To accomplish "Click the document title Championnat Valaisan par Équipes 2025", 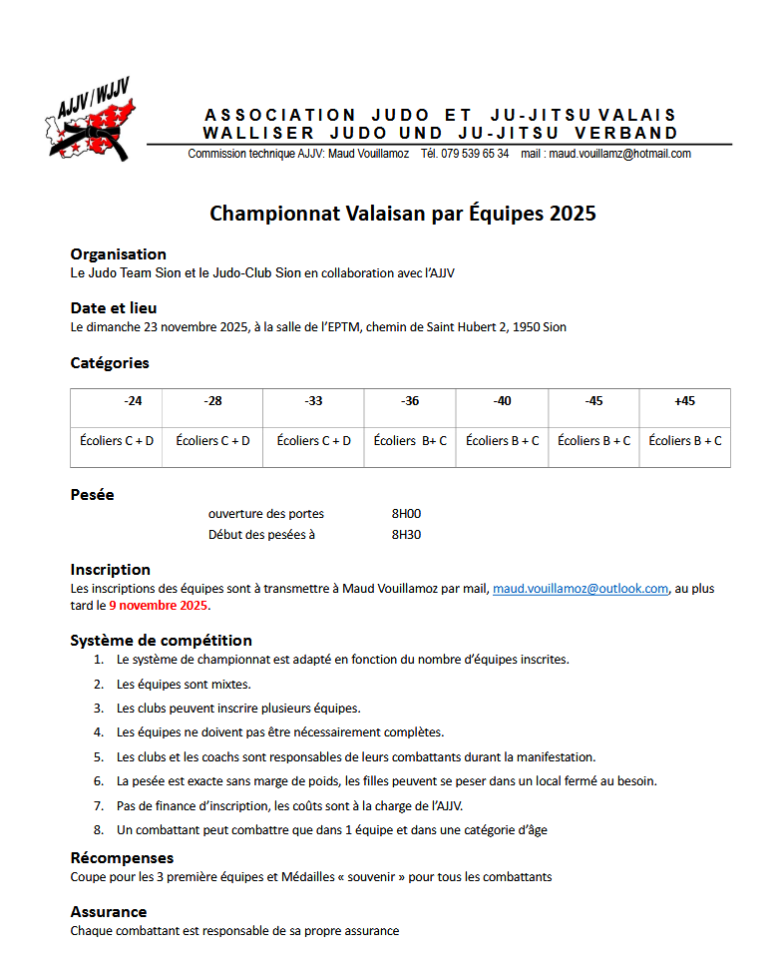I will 403,214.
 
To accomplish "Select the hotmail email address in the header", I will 619,154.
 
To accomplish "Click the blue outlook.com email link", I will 581,589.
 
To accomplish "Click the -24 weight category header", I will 133,401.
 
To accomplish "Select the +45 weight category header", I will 684,401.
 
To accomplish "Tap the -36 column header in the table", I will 410,401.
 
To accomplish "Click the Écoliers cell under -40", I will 503,440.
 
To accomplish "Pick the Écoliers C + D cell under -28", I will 212,440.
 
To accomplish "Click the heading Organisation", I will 118,254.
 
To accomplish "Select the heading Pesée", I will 92,495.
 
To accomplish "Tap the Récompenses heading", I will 122,858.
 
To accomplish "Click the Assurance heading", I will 109,912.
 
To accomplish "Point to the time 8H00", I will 407,514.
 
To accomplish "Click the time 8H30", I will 407,534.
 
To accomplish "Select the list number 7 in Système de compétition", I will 99,806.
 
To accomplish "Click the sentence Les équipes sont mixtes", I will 184,684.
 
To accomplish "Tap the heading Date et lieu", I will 113,308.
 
